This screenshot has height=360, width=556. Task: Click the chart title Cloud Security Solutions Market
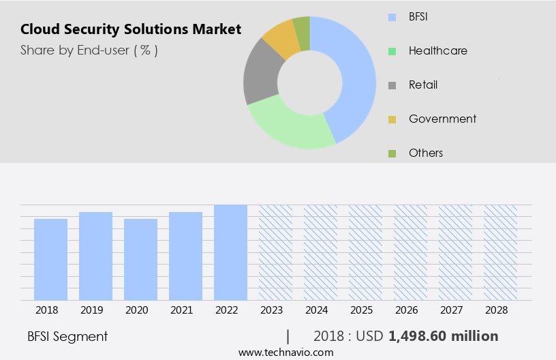(130, 29)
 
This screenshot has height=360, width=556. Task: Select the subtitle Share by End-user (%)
(89, 50)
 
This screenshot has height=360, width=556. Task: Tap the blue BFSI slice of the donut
(354, 75)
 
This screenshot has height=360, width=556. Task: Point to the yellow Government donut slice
(282, 39)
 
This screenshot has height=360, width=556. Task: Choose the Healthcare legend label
(437, 50)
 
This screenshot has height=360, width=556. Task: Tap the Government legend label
(442, 119)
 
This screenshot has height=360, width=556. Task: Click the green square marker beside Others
(391, 153)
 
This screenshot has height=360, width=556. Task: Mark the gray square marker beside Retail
(391, 85)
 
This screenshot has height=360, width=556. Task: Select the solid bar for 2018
(51, 259)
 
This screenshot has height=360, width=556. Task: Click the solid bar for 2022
(230, 252)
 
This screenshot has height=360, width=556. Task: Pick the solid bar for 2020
(140, 259)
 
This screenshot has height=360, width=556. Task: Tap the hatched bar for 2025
(365, 252)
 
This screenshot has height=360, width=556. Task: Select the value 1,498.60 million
(443, 336)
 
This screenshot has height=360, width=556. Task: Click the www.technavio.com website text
(286, 352)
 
